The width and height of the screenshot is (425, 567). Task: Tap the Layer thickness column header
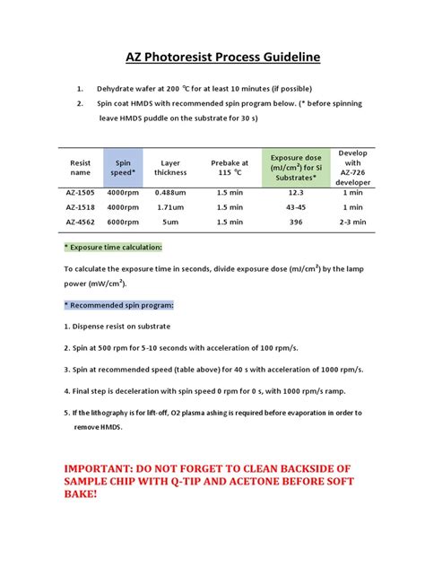coord(170,167)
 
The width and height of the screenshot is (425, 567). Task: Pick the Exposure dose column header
coord(295,167)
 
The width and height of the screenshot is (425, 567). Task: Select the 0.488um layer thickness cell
coord(170,193)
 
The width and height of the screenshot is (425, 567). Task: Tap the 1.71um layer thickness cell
coord(170,207)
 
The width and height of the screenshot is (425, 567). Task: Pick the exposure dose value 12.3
coord(295,193)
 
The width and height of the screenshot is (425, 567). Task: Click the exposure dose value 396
coord(295,222)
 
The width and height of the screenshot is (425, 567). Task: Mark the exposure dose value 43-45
coord(295,207)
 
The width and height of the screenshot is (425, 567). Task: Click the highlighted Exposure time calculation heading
coord(113,247)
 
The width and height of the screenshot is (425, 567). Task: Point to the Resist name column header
coord(81,167)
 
